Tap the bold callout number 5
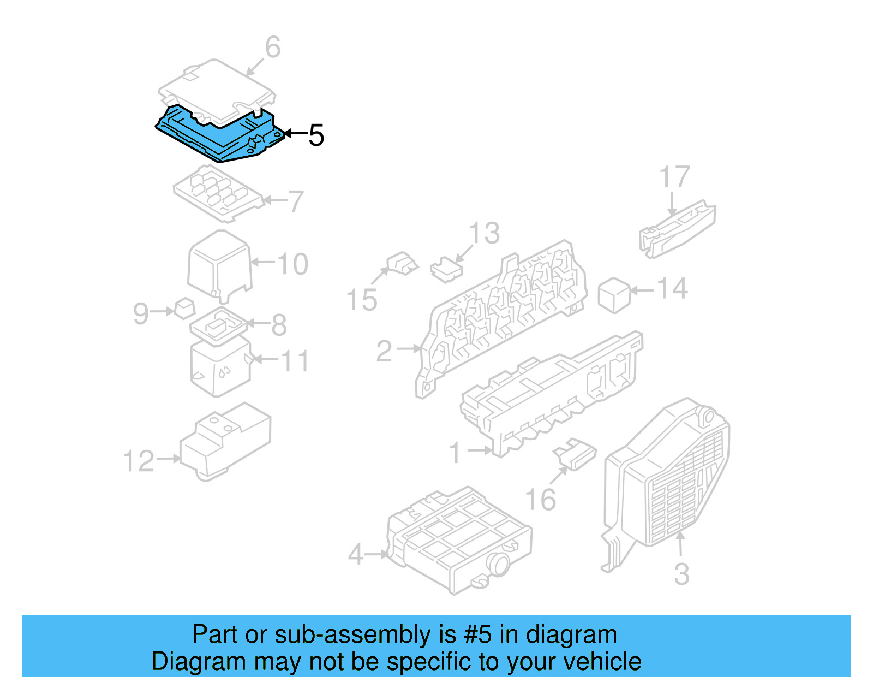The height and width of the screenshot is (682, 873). pos(316,135)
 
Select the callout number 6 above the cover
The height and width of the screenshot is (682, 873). pos(273,47)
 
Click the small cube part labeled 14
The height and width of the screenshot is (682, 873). pos(614,295)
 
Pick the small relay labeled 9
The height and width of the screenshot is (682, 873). pos(184,309)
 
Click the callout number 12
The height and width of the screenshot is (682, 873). pos(139,461)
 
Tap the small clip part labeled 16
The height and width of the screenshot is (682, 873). pos(575,454)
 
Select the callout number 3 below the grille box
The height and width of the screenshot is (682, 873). pos(682,574)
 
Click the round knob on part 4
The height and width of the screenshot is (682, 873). pos(498,564)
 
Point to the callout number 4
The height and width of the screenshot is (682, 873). pos(356,555)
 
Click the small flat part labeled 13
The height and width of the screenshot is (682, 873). pos(446,270)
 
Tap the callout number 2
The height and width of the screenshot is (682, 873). pos(384,351)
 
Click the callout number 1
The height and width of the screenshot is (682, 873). pos(455,453)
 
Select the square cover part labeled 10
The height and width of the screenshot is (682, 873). pos(220,266)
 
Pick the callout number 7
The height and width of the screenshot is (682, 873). pos(296,201)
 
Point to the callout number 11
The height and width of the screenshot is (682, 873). pos(295,361)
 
